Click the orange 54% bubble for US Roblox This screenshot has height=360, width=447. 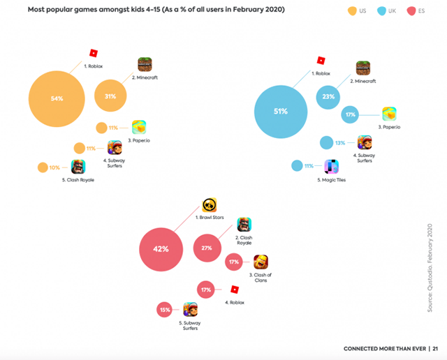click(x=57, y=98)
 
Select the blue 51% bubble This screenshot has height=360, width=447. click(x=280, y=111)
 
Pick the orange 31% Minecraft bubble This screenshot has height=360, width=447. click(x=110, y=96)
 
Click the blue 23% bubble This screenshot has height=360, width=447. click(x=328, y=97)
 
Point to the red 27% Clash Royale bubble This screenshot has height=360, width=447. click(x=207, y=248)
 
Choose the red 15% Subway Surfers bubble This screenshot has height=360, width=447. click(x=165, y=310)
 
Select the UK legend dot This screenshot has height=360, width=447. click(x=383, y=11)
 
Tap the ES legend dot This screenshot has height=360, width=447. click(x=412, y=11)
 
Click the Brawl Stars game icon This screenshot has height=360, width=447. click(x=209, y=205)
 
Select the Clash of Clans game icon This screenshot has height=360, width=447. click(x=261, y=262)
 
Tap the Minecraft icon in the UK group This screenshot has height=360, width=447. click(x=363, y=68)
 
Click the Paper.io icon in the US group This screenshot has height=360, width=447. click(x=139, y=127)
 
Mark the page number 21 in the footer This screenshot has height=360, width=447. click(x=434, y=348)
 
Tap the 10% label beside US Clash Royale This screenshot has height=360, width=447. click(x=54, y=167)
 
